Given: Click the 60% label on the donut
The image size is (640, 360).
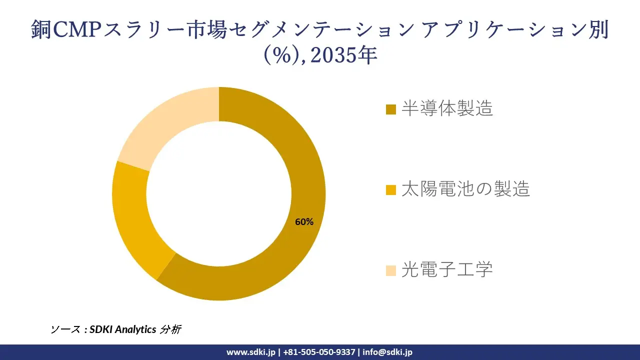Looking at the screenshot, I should tap(304, 222).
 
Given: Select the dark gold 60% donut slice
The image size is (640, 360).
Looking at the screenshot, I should tap(280, 260).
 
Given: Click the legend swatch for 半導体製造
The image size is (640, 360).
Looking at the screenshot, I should tap(391, 109).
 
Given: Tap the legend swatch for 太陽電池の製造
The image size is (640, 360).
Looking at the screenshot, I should tap(391, 189).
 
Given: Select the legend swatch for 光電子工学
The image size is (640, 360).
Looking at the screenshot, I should tap(391, 270).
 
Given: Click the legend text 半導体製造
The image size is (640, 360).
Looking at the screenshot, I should tap(447, 108).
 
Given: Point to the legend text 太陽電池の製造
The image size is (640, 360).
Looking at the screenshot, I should tap(465, 189).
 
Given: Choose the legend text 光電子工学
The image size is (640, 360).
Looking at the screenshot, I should tap(447, 269).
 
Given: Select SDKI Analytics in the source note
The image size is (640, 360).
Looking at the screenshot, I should tap(123, 329).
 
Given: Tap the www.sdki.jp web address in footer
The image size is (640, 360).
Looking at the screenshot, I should tap(251, 352).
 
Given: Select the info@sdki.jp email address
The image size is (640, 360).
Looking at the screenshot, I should tap(387, 352).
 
